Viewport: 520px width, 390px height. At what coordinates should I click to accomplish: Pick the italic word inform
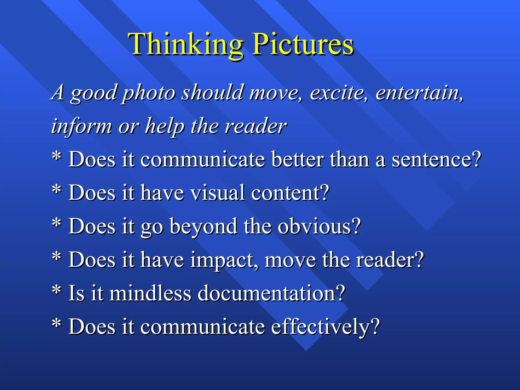pyautogui.click(x=81, y=126)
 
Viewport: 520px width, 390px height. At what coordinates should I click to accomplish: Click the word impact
pyautogui.click(x=222, y=260)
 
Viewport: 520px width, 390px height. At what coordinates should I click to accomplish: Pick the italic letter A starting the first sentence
pyautogui.click(x=58, y=92)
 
